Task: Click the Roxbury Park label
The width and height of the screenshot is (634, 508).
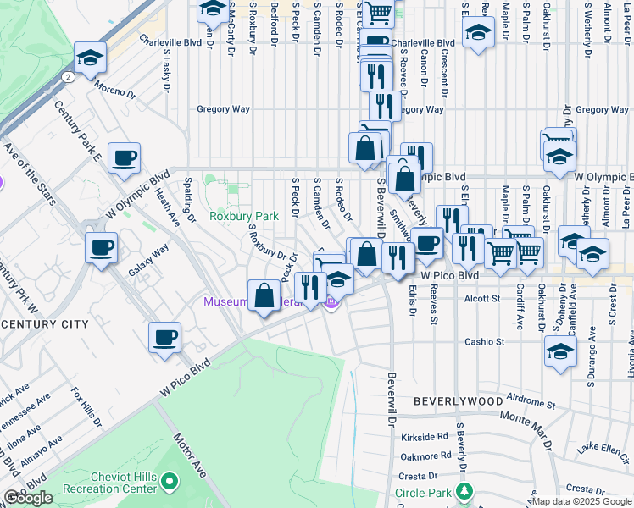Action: [244, 216]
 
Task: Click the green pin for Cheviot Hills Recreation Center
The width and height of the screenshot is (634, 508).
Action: [170, 483]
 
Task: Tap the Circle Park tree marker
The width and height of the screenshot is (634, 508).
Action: [464, 491]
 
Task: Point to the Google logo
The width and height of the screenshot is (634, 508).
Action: [28, 498]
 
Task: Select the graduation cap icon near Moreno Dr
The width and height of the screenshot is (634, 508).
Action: [90, 58]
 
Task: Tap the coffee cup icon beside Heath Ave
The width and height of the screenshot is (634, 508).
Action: [124, 157]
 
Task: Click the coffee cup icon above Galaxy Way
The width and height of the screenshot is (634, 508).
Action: [101, 248]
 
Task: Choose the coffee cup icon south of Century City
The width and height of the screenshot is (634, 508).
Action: [164, 337]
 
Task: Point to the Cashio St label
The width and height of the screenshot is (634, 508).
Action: [484, 342]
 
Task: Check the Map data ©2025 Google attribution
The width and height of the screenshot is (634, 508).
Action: [581, 501]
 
